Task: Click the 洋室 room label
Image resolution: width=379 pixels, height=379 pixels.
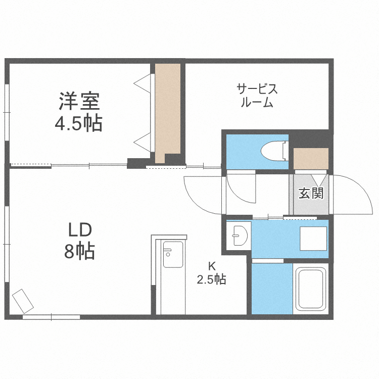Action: [79, 102]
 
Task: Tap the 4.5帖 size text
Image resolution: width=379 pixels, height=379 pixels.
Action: [79, 123]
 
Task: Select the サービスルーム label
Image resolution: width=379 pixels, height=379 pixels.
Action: [257, 96]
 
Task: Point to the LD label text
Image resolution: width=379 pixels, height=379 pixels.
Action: [80, 230]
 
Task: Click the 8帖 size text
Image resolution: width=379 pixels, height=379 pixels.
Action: [80, 251]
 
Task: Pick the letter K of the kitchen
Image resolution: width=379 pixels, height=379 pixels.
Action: [212, 265]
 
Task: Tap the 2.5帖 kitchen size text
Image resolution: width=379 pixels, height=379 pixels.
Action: [211, 278]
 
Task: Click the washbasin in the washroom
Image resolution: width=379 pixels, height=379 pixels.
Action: [237, 234]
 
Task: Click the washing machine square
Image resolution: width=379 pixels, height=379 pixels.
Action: [313, 238]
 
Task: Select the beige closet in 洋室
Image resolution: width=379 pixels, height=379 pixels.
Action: [167, 112]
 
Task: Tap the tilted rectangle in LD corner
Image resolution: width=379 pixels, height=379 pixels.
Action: [23, 301]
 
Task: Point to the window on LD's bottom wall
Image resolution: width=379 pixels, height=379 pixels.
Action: [51, 317]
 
